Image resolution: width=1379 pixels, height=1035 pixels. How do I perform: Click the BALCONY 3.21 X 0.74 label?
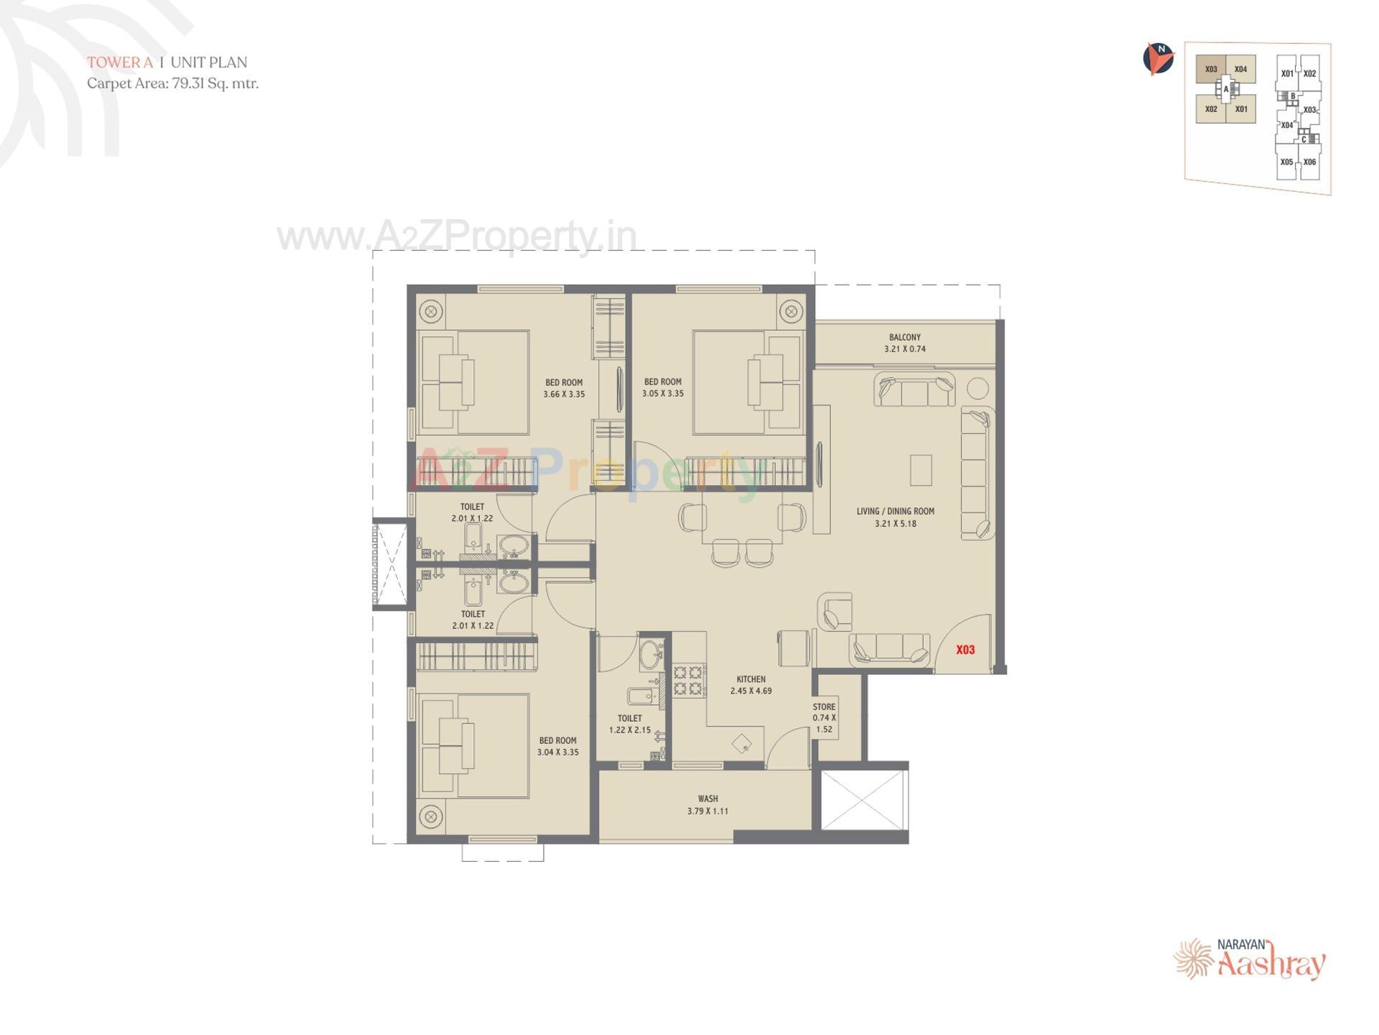904,343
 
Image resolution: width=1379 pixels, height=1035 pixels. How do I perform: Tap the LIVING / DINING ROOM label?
895,517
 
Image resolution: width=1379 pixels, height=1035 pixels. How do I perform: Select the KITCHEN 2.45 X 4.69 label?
751,685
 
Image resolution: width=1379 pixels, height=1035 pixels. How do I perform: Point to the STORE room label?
824,717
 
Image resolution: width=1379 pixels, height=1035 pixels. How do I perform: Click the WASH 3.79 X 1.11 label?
707,805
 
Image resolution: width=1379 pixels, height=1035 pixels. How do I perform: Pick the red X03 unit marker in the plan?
965,650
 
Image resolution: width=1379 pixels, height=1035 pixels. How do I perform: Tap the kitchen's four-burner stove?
687,680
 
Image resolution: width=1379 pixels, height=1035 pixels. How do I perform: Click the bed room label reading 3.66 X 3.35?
564,388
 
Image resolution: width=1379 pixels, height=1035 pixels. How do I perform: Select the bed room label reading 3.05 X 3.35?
662,387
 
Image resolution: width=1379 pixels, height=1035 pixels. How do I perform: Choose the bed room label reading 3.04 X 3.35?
557,746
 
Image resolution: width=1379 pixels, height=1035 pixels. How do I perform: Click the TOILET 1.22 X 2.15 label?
630,724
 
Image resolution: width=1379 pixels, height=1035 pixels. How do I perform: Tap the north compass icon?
1158,59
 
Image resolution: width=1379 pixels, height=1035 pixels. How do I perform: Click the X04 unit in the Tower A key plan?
1240,70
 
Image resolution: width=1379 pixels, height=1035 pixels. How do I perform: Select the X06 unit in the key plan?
1309,162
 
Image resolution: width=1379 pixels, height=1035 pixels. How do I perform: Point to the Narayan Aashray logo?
1250,959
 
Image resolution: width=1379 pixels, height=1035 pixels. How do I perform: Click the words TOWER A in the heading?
120,63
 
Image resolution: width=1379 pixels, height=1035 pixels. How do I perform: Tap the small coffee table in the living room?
921,470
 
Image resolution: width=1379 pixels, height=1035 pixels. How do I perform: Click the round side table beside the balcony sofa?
978,388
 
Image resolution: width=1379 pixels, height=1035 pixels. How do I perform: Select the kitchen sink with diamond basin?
742,743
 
